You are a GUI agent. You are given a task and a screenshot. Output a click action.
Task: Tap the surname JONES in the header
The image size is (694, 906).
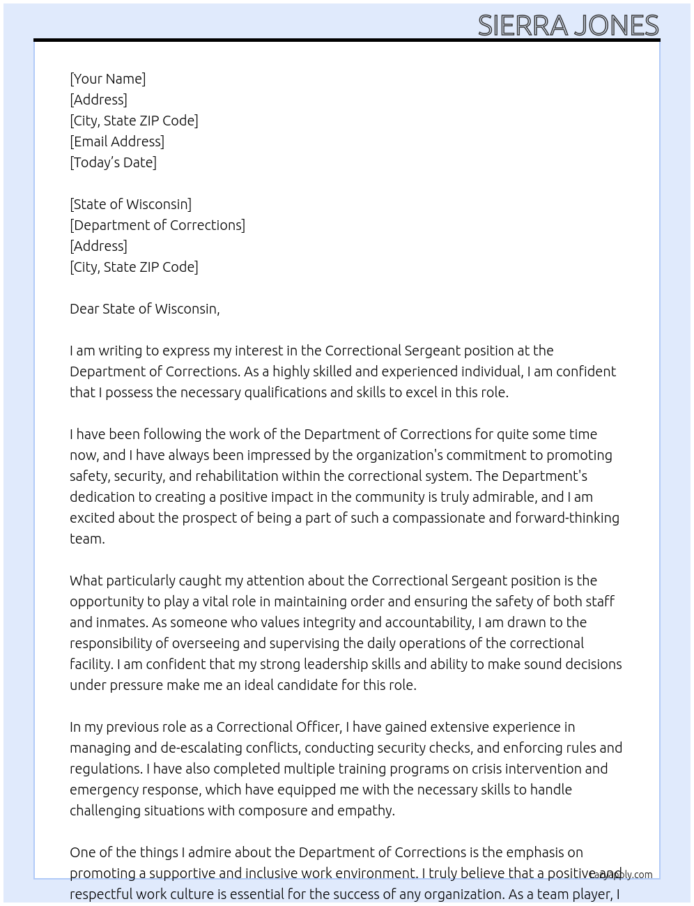coord(615,26)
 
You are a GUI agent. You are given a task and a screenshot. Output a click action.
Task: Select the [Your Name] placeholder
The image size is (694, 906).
coord(108,79)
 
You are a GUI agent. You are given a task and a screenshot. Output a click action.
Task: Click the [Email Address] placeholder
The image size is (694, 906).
coord(117,141)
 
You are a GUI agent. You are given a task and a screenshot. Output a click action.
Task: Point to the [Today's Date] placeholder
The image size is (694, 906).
coord(113,162)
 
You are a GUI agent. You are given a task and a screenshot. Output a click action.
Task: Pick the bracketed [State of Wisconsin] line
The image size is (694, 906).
coord(130,204)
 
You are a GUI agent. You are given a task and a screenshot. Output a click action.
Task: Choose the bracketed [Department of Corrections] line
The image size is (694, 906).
coord(157,225)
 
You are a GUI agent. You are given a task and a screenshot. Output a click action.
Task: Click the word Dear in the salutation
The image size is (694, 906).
coord(84,309)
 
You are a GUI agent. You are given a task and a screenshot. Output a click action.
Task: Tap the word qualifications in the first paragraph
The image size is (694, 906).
coord(285,392)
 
